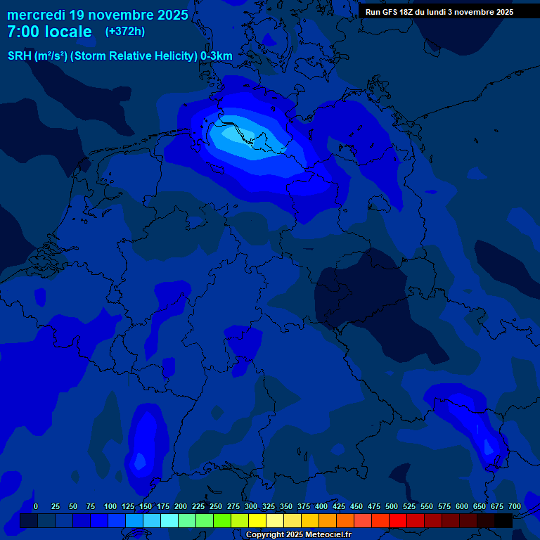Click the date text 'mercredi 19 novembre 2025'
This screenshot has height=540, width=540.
tap(98, 15)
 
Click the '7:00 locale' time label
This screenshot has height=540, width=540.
tap(49, 32)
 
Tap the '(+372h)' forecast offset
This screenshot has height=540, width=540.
tap(124, 32)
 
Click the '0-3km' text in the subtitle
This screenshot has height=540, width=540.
tap(217, 56)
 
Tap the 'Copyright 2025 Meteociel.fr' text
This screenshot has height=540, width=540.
tap(298, 535)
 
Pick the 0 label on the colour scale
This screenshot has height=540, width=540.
tap(35, 506)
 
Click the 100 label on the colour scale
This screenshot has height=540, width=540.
tap(110, 506)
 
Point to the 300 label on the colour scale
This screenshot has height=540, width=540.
tap(251, 506)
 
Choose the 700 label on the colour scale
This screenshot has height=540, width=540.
tap(514, 506)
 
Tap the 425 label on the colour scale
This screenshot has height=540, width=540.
tap(339, 506)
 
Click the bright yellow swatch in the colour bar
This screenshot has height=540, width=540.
tap(257, 520)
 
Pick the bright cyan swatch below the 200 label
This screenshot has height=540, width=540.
tap(169, 520)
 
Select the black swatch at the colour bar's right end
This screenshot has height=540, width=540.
tap(503, 520)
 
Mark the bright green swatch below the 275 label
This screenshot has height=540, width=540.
tap(222, 520)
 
